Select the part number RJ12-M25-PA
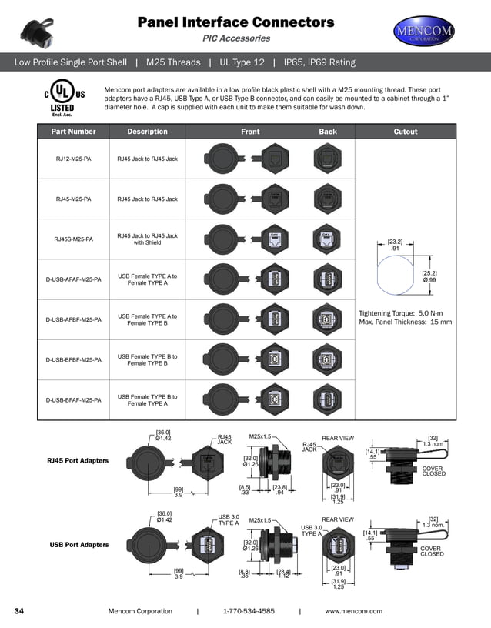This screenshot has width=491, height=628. [x=74, y=159]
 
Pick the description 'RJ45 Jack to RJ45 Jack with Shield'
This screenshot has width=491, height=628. [x=147, y=239]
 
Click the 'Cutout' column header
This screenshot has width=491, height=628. [x=405, y=132]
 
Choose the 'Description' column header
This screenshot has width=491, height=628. [x=147, y=132]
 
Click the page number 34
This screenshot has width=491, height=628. [x=20, y=611]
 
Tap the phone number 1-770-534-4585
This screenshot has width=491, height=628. [x=248, y=611]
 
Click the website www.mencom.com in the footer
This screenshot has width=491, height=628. [x=353, y=611]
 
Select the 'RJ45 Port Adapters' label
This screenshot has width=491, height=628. [x=78, y=461]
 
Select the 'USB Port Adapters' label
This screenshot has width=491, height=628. [x=78, y=546]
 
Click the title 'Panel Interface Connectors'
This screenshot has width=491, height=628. [x=235, y=22]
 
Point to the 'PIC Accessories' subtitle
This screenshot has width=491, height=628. [x=235, y=38]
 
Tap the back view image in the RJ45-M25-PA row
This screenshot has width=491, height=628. [x=328, y=199]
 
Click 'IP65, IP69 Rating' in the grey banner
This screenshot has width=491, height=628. [x=319, y=62]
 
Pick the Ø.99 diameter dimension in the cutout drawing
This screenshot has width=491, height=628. [x=429, y=280]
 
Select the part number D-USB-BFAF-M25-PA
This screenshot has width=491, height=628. [x=74, y=400]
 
